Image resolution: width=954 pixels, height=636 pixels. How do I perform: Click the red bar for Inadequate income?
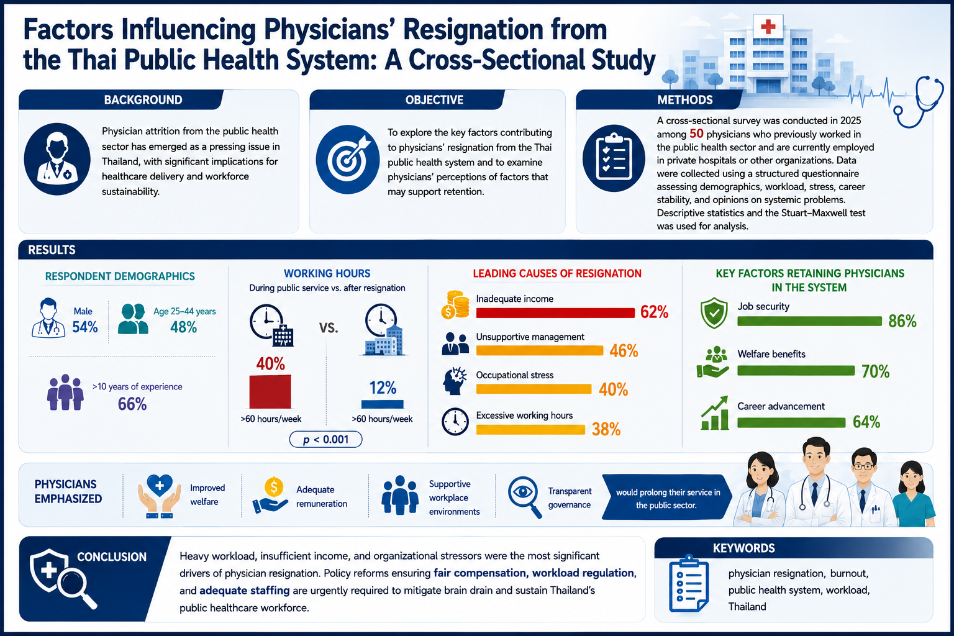pyautogui.click(x=555, y=312)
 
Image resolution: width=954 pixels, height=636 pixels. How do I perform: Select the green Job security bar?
pyautogui.click(x=809, y=321)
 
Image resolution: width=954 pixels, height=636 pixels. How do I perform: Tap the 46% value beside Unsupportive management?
pyautogui.click(x=624, y=350)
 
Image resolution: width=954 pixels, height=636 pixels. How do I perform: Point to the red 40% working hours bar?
pyautogui.click(x=270, y=392)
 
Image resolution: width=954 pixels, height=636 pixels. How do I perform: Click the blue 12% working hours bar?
pyautogui.click(x=382, y=404)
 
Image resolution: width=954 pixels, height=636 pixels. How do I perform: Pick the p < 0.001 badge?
pyautogui.click(x=326, y=439)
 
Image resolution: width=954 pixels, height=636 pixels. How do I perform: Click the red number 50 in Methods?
pyautogui.click(x=696, y=134)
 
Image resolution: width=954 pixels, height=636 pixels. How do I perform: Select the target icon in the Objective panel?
pyautogui.click(x=348, y=160)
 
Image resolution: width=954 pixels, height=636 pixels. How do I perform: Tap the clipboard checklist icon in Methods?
pyautogui.click(x=614, y=158)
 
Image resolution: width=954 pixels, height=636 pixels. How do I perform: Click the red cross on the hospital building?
pyautogui.click(x=768, y=27)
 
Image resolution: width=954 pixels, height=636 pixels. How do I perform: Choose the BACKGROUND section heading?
pyautogui.click(x=143, y=99)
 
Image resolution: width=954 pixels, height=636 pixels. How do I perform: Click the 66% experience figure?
pyautogui.click(x=132, y=404)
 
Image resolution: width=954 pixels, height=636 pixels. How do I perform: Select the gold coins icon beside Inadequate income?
pyautogui.click(x=455, y=305)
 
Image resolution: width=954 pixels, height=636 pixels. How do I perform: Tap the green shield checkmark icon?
pyautogui.click(x=714, y=313)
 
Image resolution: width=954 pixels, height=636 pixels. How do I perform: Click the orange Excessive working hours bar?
pyautogui.click(x=530, y=430)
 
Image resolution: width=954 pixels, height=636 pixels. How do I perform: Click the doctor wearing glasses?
pyautogui.click(x=863, y=487)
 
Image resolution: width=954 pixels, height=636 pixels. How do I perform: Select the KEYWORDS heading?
pyautogui.click(x=743, y=548)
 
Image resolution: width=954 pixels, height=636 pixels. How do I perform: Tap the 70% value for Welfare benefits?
pyautogui.click(x=875, y=371)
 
